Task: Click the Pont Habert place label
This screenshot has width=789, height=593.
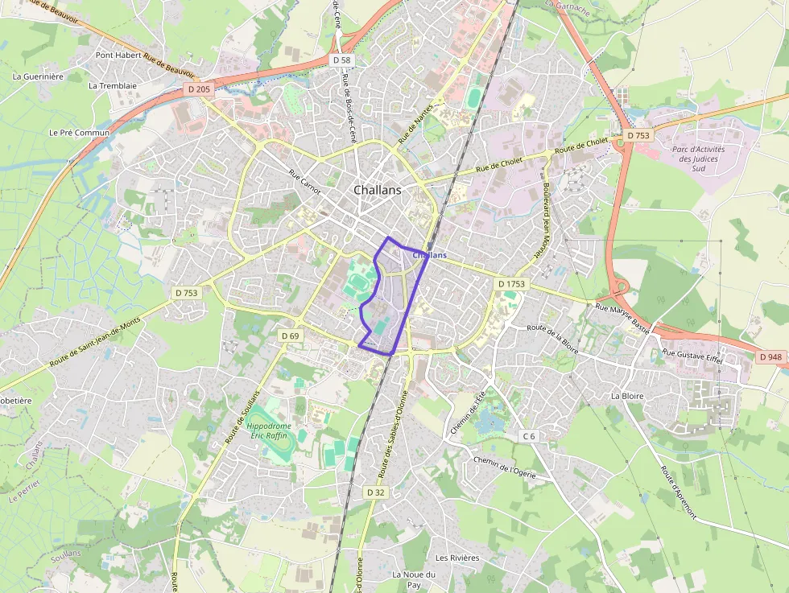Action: [118, 55]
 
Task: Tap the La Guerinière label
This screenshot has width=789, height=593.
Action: [38, 76]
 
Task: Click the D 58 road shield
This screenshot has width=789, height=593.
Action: [342, 60]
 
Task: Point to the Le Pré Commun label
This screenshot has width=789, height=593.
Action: [79, 132]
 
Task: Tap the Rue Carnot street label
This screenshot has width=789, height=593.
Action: [304, 181]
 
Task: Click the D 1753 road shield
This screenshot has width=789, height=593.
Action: [511, 284]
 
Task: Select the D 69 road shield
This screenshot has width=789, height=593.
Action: [290, 335]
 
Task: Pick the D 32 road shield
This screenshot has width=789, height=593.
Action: [376, 492]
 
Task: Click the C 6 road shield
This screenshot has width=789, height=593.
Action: [528, 436]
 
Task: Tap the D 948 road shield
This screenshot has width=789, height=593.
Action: [770, 356]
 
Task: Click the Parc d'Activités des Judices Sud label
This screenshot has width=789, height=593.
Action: [697, 159]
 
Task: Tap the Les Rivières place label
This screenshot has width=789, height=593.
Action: [456, 558]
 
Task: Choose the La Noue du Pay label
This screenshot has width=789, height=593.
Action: [413, 579]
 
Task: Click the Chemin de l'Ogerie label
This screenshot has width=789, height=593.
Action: [505, 467]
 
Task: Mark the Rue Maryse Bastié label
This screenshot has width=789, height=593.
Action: [624, 315]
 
